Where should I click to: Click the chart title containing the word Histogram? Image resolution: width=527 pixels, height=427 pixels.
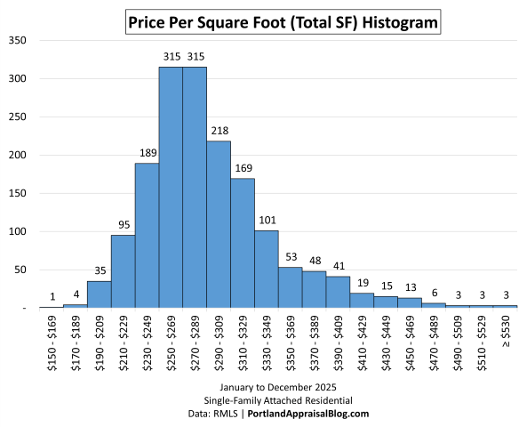click(x=282, y=20)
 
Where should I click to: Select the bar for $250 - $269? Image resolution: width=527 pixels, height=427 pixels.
click(x=171, y=187)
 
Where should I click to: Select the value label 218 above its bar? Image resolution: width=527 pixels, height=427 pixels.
click(x=219, y=132)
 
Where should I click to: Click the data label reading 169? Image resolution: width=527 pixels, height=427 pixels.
click(x=243, y=169)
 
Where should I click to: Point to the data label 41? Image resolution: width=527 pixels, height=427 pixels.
click(x=339, y=267)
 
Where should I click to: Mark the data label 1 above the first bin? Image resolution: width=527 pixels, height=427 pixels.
click(x=52, y=297)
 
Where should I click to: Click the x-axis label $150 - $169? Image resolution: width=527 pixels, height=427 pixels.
click(x=52, y=342)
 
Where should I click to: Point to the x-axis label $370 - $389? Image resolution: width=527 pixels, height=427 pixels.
click(x=315, y=342)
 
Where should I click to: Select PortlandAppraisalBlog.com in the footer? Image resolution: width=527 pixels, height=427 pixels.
click(x=309, y=414)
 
